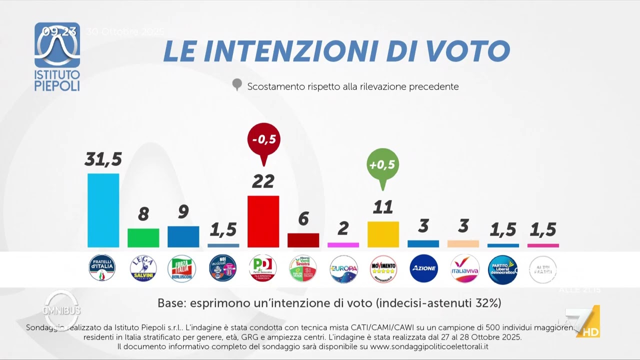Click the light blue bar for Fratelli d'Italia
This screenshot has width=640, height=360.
(x=103, y=210)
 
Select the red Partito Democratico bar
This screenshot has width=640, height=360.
(x=263, y=221)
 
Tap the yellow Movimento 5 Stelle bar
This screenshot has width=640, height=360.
(x=383, y=234)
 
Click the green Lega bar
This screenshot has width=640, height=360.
(x=143, y=237)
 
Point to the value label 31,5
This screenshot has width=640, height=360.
(x=103, y=159)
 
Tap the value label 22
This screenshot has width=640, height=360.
(x=263, y=181)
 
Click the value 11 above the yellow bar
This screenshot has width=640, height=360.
(x=383, y=207)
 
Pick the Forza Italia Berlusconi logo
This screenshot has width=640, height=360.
(x=181, y=268)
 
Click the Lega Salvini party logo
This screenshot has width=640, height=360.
(x=143, y=268)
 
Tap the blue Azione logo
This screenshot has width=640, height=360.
(x=423, y=268)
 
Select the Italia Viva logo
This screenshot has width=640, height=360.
(x=464, y=268)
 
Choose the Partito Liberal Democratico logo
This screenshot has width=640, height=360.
(x=502, y=268)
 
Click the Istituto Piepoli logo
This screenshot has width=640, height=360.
(x=57, y=56)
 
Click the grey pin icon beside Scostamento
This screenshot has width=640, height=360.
(x=237, y=85)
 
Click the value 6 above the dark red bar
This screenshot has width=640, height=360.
(x=303, y=219)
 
